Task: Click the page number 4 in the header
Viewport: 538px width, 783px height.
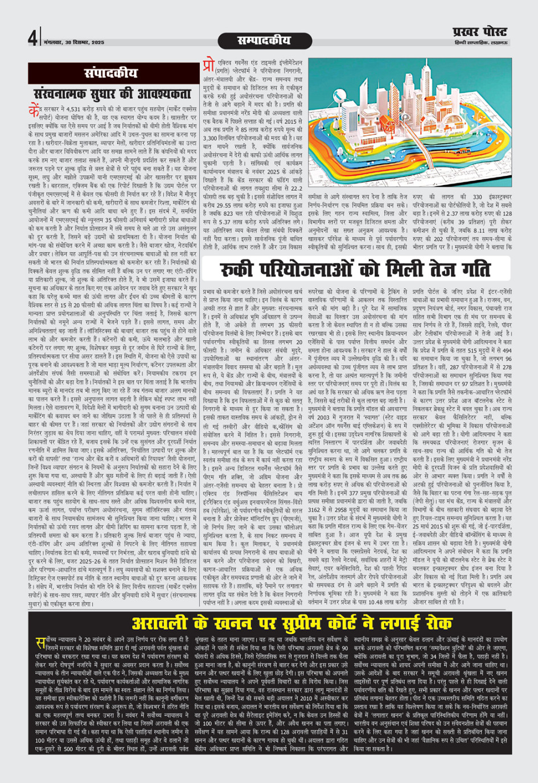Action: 32,38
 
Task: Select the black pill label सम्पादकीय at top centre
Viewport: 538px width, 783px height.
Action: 264,40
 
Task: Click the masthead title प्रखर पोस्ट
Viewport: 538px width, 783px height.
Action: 479,32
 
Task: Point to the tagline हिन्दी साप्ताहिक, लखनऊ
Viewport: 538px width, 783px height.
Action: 482,43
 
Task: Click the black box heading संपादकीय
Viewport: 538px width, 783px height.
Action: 111,73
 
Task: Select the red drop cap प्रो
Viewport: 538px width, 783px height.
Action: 209,67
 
